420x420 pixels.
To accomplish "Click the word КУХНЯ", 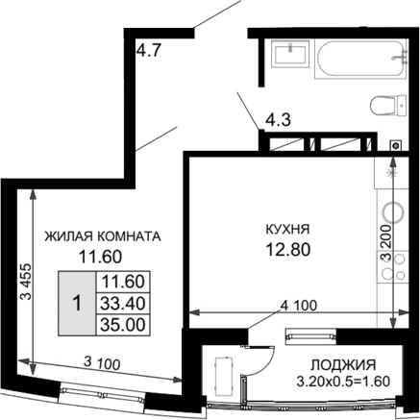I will pyautogui.click(x=287, y=231).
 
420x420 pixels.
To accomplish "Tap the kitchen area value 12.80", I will pyautogui.click(x=287, y=251).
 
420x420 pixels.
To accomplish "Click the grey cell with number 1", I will pyautogui.click(x=76, y=303).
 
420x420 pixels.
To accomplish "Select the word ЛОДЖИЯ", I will pyautogui.click(x=342, y=365).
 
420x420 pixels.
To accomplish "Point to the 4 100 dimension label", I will pyautogui.click(x=297, y=307).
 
